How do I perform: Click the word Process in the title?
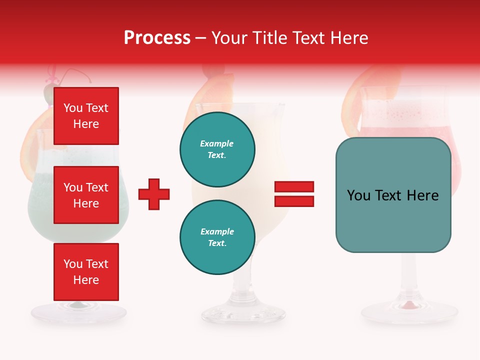(157, 38)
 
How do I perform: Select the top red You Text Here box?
(86, 116)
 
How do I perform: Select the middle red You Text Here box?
(86, 195)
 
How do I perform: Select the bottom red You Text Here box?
(86, 272)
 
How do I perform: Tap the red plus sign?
(154, 194)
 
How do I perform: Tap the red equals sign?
(294, 194)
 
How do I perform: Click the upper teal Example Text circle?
(217, 149)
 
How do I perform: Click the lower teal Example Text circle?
(217, 237)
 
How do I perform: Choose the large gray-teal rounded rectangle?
(393, 195)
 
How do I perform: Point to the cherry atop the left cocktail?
(48, 93)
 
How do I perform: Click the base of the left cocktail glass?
(78, 312)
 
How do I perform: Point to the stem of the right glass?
(409, 275)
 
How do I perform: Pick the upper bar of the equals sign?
(294, 187)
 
